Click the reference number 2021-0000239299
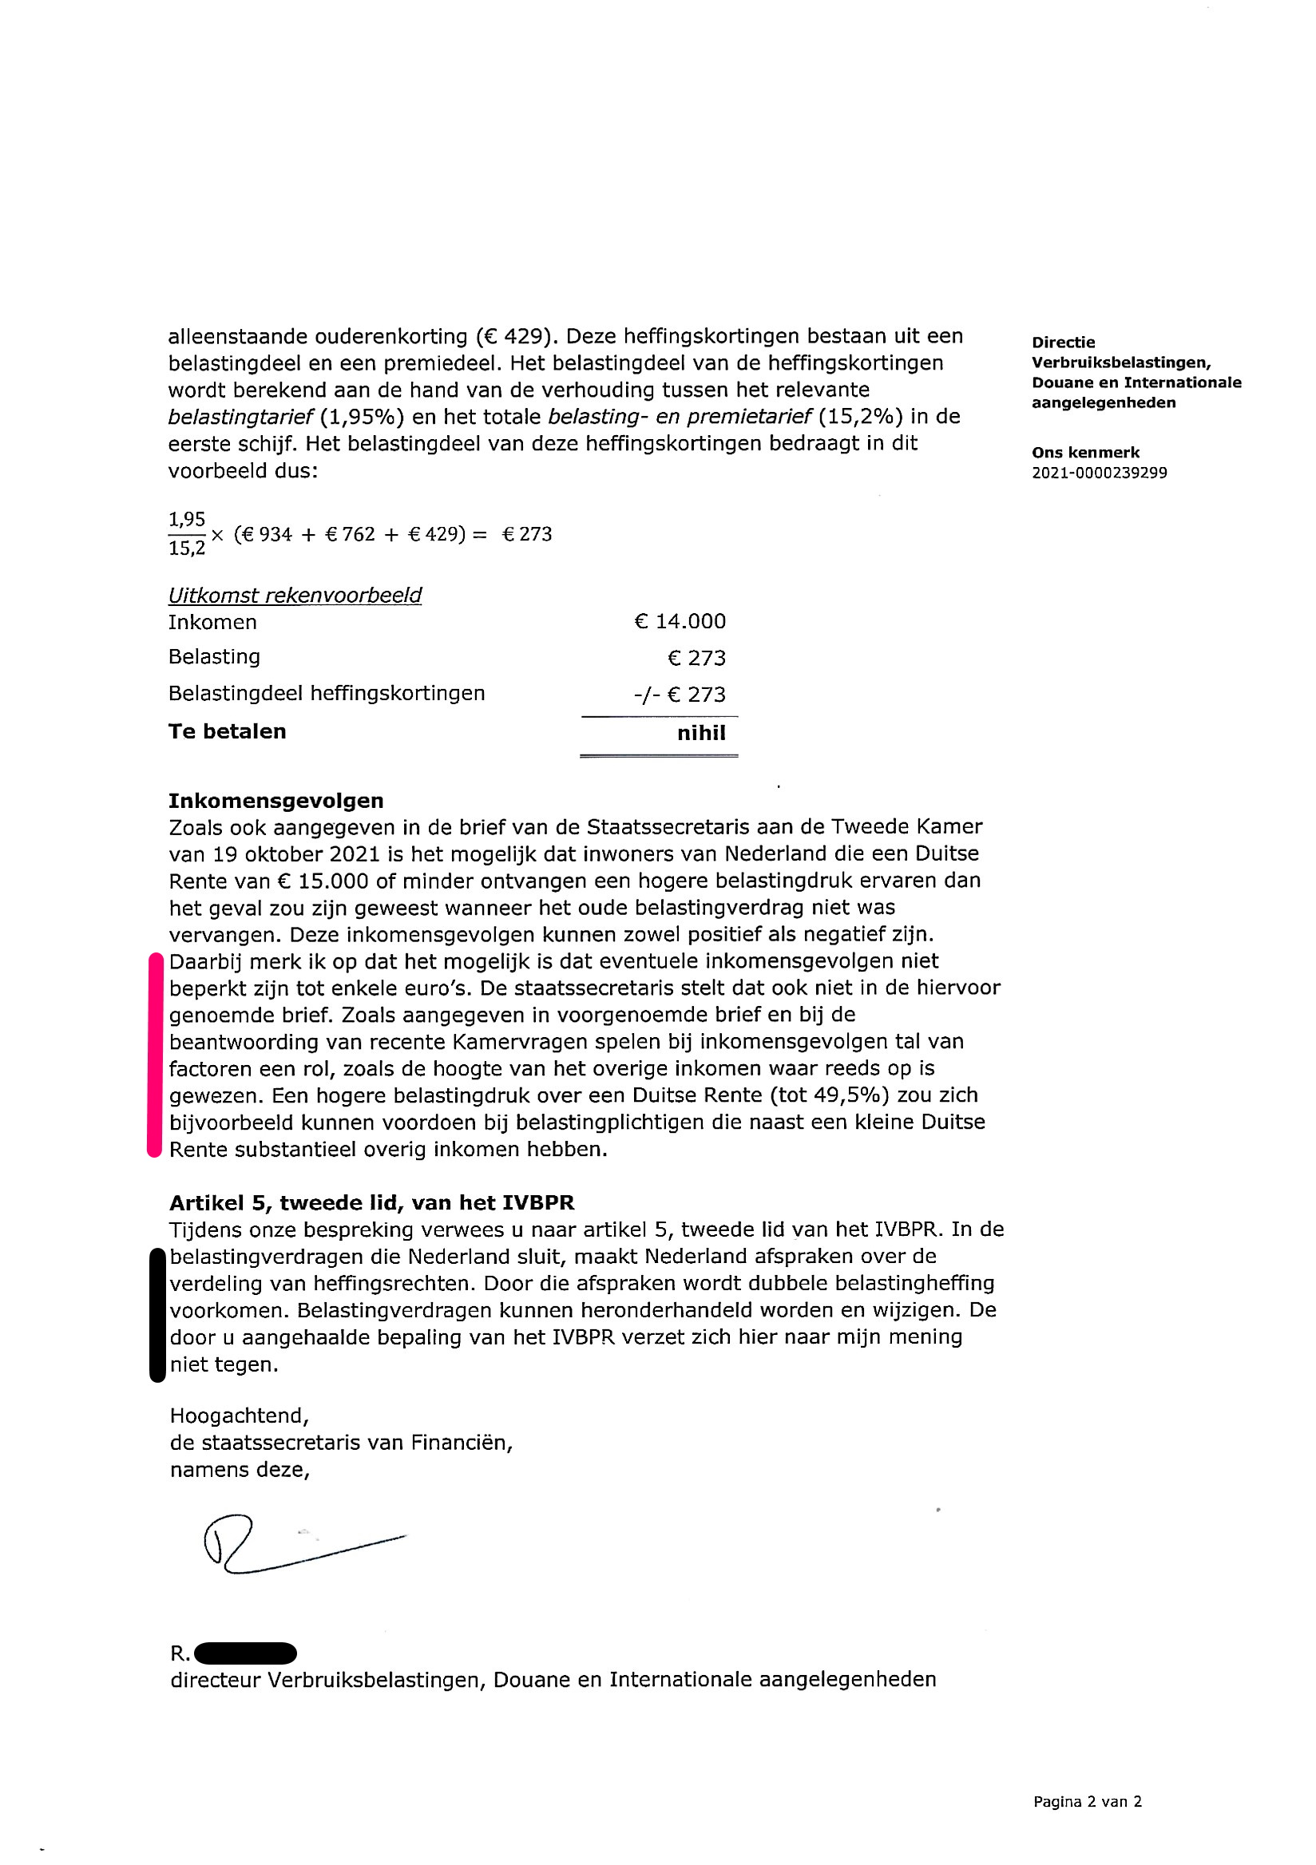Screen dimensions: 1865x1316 [x=1098, y=473]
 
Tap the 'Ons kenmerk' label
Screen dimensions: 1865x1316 [x=1085, y=453]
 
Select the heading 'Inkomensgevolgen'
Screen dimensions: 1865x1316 [x=275, y=801]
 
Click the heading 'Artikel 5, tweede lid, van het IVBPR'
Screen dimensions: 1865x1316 [x=371, y=1202]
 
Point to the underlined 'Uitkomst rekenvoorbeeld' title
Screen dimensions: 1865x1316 [x=295, y=596]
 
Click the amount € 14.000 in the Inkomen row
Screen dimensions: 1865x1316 [x=679, y=621]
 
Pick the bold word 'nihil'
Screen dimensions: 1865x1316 [x=700, y=733]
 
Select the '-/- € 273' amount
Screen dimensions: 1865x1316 [x=679, y=695]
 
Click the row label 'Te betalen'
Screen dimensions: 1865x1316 [x=227, y=731]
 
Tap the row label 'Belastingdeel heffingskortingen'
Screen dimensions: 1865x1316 [x=326, y=693]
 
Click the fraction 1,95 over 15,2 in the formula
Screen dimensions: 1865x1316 [x=187, y=533]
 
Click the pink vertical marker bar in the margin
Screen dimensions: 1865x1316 [x=154, y=1055]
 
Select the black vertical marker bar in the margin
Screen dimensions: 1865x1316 [x=157, y=1315]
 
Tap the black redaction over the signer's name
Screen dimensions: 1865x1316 [x=245, y=1653]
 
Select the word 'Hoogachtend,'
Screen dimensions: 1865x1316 [x=239, y=1416]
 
